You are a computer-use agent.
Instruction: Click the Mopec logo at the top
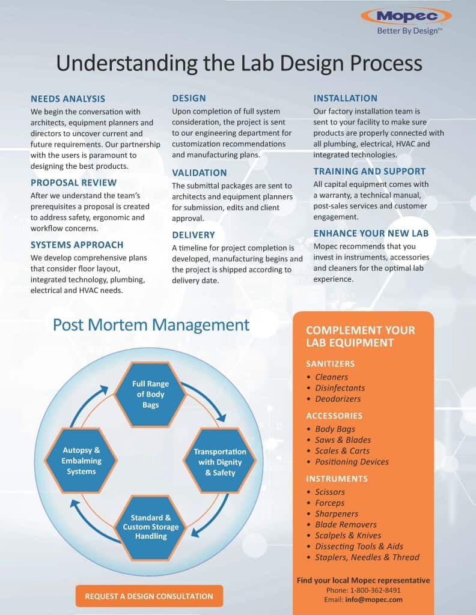click(x=406, y=17)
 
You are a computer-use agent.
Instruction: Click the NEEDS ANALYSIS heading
click(x=68, y=99)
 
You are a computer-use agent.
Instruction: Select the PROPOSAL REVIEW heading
click(x=73, y=183)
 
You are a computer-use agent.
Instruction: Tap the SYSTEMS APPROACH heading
click(x=77, y=245)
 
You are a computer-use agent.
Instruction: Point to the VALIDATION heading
click(x=200, y=173)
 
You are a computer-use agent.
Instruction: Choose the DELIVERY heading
click(x=194, y=235)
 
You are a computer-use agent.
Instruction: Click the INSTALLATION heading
click(x=346, y=98)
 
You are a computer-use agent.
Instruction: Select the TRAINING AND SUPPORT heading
click(x=369, y=171)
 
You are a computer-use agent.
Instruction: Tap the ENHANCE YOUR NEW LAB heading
click(x=371, y=234)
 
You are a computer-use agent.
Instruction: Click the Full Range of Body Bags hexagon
click(x=150, y=394)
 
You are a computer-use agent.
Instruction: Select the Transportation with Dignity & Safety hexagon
click(x=220, y=462)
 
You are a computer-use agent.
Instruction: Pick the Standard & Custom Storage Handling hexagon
click(x=151, y=527)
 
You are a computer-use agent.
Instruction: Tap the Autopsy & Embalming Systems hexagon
click(x=81, y=461)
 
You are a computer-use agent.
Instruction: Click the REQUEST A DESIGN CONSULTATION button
click(x=149, y=596)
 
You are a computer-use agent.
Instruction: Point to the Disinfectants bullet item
click(x=340, y=388)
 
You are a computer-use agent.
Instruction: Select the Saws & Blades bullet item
click(x=343, y=440)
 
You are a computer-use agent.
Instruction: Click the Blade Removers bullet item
click(x=346, y=525)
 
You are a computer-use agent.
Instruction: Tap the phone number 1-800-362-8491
click(x=375, y=590)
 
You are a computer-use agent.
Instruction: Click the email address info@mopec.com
click(x=374, y=600)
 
